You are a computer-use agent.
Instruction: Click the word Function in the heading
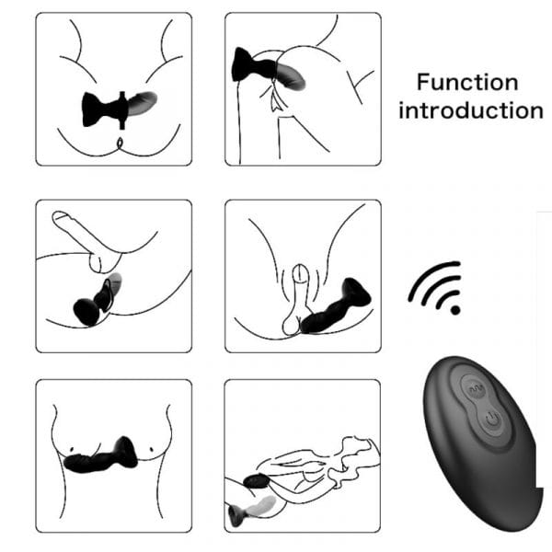click(468, 82)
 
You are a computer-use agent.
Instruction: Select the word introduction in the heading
click(470, 111)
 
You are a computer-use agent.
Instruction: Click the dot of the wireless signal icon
click(454, 310)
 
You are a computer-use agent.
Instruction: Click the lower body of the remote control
click(482, 460)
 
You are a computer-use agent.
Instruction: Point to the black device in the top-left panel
click(104, 109)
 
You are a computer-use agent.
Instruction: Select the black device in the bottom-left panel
click(102, 455)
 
